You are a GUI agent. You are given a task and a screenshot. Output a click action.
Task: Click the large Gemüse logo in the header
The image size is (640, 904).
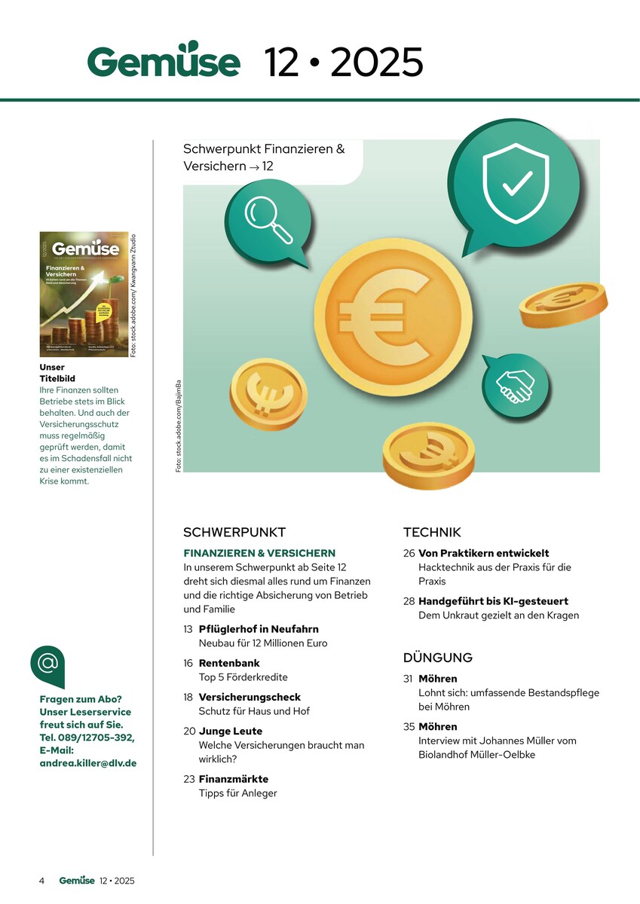(x=164, y=61)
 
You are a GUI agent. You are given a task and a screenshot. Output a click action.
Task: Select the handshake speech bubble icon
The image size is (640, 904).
(x=515, y=385)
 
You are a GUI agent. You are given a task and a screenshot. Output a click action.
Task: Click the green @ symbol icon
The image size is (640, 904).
(x=47, y=664)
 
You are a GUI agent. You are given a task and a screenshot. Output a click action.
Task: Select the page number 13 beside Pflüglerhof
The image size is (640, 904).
(x=188, y=629)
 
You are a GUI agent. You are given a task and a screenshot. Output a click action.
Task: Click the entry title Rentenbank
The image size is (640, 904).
(x=229, y=663)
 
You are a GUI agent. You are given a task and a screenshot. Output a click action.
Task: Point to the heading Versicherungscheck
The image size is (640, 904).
(x=250, y=697)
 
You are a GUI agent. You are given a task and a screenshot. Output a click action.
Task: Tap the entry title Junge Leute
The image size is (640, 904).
(x=231, y=731)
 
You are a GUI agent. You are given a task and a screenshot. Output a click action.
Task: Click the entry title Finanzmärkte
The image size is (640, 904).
(x=234, y=779)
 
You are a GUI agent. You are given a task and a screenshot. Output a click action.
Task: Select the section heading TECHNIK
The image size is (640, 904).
(x=432, y=532)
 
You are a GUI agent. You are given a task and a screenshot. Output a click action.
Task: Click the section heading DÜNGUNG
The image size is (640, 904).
(x=438, y=658)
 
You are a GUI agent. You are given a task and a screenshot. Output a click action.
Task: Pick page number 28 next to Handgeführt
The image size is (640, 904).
(x=409, y=601)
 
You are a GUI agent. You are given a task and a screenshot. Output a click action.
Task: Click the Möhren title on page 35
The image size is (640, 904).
(x=438, y=727)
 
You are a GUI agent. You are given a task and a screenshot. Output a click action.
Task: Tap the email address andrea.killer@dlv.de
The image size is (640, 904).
(x=87, y=762)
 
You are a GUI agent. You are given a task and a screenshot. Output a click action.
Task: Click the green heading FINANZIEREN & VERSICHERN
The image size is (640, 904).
(x=259, y=553)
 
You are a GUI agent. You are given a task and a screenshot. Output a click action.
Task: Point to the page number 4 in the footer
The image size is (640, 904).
(x=42, y=881)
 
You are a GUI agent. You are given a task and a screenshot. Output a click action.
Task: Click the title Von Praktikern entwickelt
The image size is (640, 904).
(x=483, y=553)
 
